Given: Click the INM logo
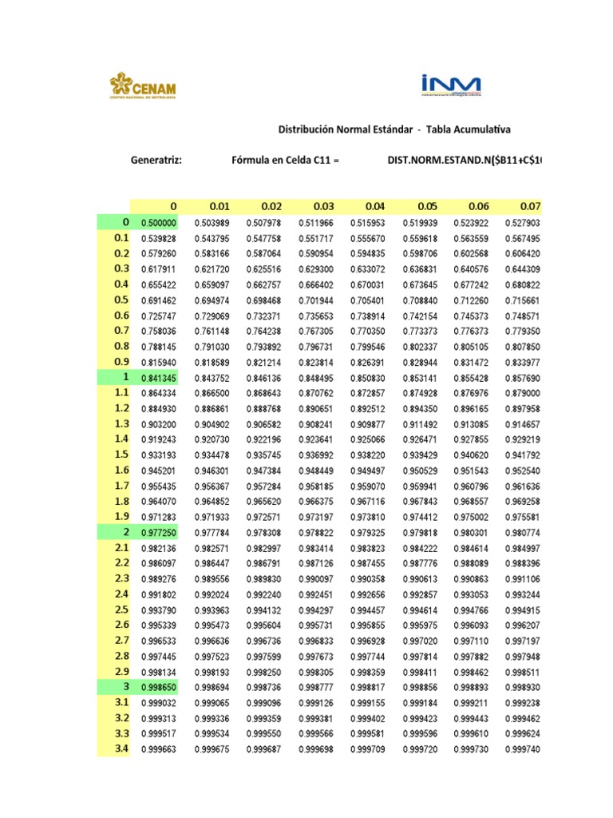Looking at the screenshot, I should click(449, 85).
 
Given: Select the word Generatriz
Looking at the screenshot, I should click(156, 161).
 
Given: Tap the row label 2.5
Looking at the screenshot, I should click(121, 610).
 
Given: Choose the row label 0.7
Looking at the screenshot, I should click(121, 331).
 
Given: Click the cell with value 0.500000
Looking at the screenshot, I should click(159, 223).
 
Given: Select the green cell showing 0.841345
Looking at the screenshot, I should click(159, 377).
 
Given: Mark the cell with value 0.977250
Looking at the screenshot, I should click(159, 532).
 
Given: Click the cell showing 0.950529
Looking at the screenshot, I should click(419, 471).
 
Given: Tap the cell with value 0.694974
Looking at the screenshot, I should click(212, 300).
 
